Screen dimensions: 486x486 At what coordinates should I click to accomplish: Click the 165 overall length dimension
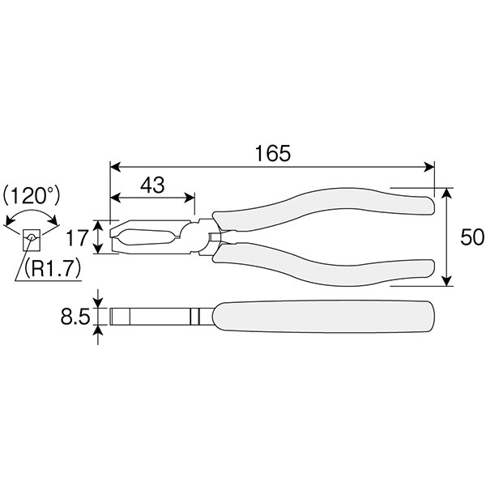click(273, 153)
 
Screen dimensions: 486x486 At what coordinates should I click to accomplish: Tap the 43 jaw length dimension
click(152, 185)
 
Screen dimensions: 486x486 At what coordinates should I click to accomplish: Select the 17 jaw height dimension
click(77, 237)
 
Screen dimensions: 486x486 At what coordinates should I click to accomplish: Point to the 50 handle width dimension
click(471, 237)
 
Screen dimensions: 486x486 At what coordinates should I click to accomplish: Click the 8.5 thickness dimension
click(75, 317)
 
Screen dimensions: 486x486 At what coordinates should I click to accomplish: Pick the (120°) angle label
click(32, 196)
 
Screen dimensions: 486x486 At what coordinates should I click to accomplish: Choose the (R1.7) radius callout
click(53, 268)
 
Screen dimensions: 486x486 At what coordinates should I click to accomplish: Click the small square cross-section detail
click(32, 240)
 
